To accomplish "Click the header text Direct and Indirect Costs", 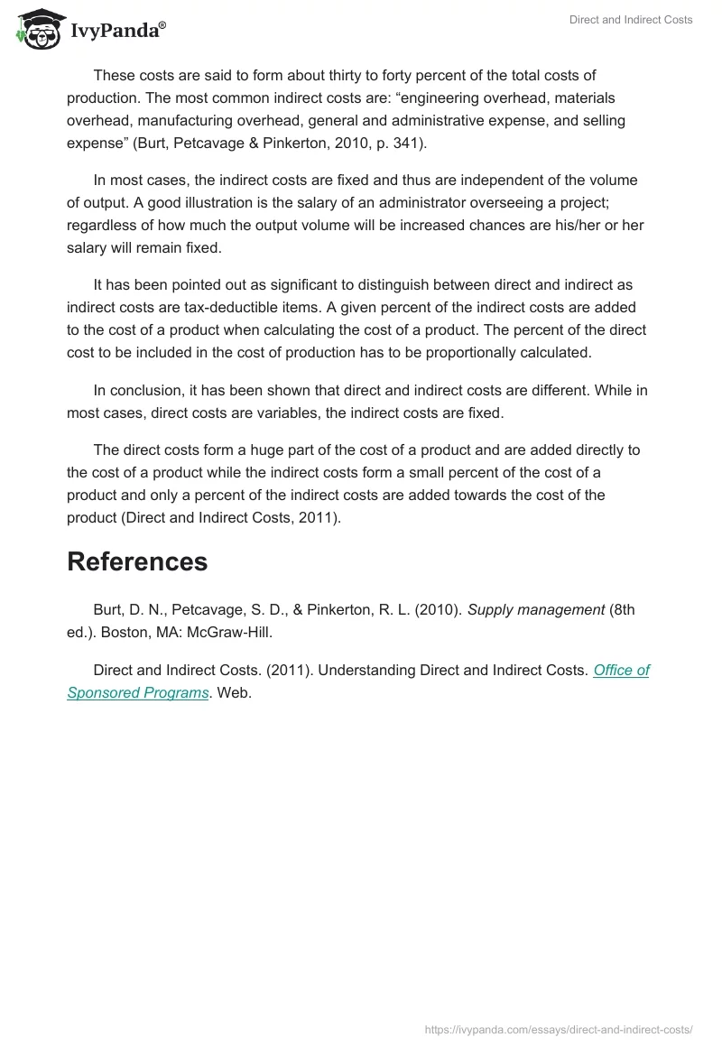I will point(631,20).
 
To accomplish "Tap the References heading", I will point(137,561).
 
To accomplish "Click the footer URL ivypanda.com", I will point(558,1028).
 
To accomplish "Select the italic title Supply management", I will point(536,609).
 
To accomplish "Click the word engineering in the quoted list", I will point(446,97).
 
